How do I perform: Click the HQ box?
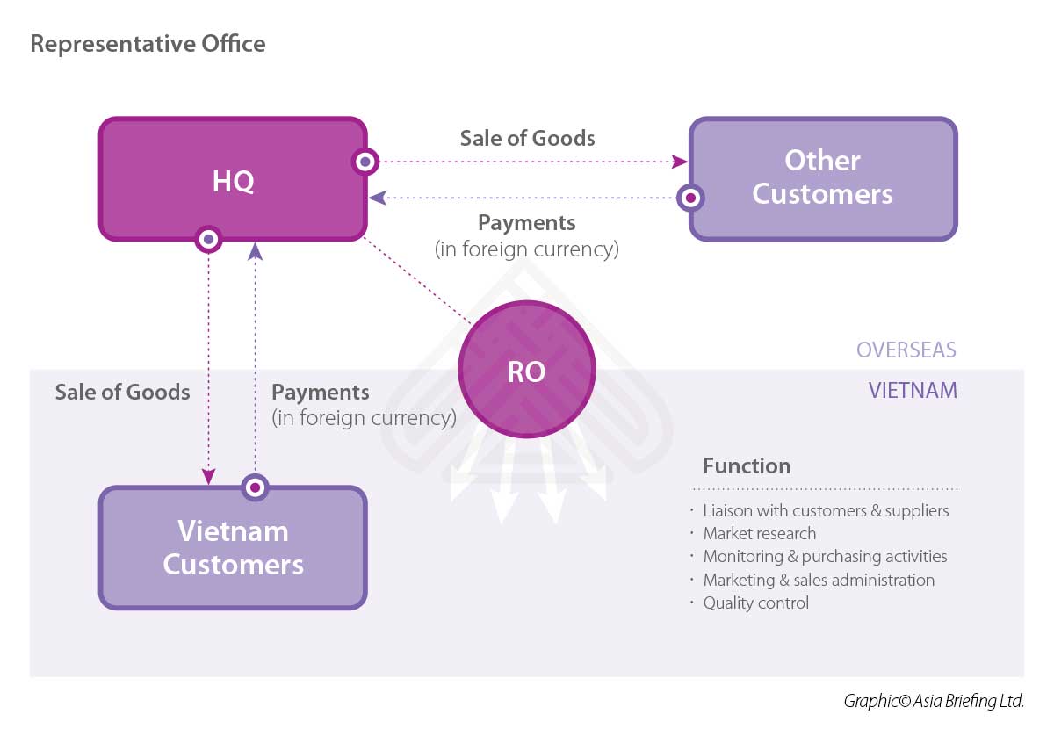coord(232,179)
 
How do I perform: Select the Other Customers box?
coord(822,178)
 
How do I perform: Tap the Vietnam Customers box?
coord(233,547)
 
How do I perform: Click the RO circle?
coord(527,372)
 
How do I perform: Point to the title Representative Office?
coord(148,43)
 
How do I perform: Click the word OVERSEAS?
coord(906,350)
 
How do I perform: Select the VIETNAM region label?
coord(913,390)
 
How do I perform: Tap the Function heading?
coord(747,466)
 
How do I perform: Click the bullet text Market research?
coord(760,534)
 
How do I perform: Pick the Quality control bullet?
coord(756,603)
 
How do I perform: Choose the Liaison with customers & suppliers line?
coord(826,510)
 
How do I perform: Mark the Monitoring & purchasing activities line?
coord(825,557)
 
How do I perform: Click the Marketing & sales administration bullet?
coord(819,580)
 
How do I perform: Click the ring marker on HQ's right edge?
coord(365,162)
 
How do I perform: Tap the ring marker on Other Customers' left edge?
coord(691,198)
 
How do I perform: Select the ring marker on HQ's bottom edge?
coord(208,239)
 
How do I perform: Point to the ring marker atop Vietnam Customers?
coord(256,487)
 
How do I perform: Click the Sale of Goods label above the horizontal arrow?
coord(527,139)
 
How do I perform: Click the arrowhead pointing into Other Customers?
coord(681,162)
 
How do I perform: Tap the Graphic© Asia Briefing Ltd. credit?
coord(934,701)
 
